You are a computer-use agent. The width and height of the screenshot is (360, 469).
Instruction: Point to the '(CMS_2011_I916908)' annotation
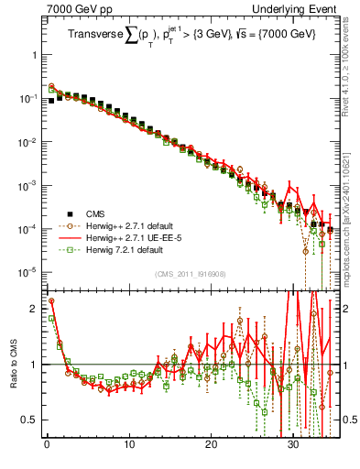click(x=190, y=274)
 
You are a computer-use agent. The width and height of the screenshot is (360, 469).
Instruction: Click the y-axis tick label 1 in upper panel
click(x=34, y=55)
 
